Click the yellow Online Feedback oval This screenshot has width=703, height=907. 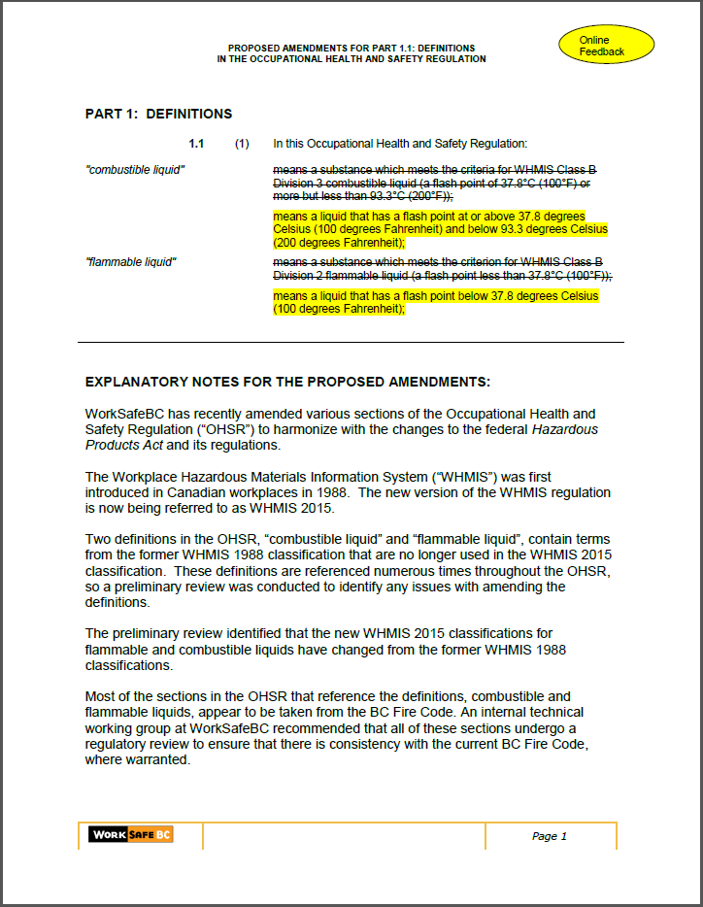pyautogui.click(x=607, y=46)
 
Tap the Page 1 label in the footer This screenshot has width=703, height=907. pyautogui.click(x=549, y=836)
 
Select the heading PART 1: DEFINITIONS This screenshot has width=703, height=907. pyautogui.click(x=158, y=114)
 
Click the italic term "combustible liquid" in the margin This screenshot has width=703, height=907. pyautogui.click(x=135, y=170)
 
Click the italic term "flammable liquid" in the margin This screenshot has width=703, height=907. pyautogui.click(x=131, y=262)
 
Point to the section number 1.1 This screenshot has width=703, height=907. pyautogui.click(x=196, y=144)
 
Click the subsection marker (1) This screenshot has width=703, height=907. pyautogui.click(x=242, y=144)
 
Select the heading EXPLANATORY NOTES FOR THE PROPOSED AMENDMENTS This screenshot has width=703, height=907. pyautogui.click(x=287, y=382)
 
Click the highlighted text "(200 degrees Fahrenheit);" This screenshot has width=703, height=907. pyautogui.click(x=338, y=244)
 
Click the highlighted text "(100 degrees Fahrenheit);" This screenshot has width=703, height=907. pyautogui.click(x=338, y=309)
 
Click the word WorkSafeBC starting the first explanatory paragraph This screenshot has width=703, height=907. pyautogui.click(x=125, y=414)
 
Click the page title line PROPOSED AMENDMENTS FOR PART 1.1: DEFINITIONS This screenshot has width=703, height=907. pyautogui.click(x=351, y=48)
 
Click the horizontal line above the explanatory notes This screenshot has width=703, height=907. pyautogui.click(x=351, y=342)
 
